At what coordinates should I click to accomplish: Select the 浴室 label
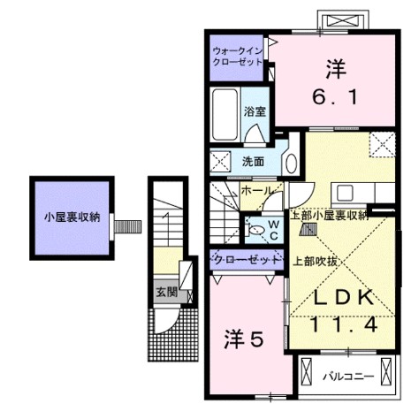(255, 112)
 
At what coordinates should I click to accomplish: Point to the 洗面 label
(254, 161)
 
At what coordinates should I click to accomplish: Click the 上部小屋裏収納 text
(330, 215)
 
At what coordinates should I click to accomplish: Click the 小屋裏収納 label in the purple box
(73, 216)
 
